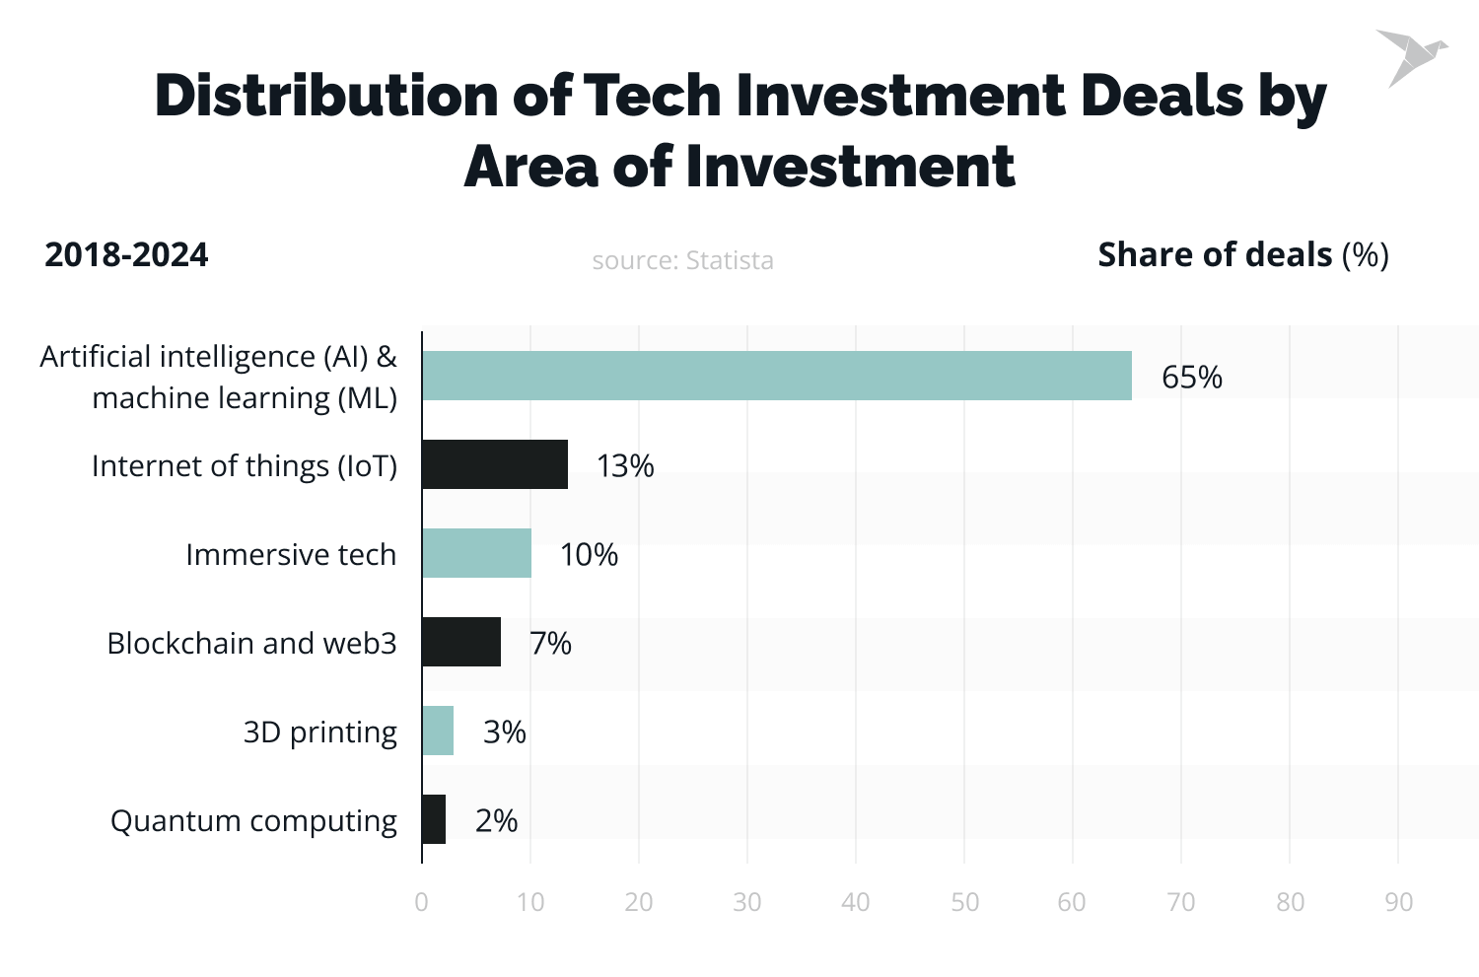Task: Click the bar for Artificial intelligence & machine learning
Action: (777, 376)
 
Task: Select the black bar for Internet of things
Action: (495, 464)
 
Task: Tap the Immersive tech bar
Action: (476, 553)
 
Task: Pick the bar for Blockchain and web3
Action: (461, 642)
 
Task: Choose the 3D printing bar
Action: (438, 731)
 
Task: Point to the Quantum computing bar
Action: (434, 819)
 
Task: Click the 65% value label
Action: (1191, 377)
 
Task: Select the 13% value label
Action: (624, 465)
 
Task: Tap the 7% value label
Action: (550, 643)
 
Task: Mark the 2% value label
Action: (496, 820)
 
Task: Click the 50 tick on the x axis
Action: (964, 902)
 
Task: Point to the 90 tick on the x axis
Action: (1398, 902)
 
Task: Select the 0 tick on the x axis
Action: (422, 902)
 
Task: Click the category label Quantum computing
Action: (253, 820)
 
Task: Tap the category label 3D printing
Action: (319, 732)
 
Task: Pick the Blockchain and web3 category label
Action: (251, 643)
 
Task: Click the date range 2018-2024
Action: (126, 254)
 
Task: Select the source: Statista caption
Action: (682, 260)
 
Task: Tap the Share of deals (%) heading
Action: (1242, 254)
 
